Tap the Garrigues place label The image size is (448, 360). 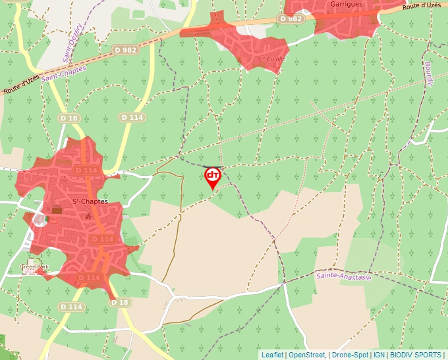tap(328, 4)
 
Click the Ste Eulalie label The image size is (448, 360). tap(269, 59)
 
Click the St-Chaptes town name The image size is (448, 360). tap(90, 201)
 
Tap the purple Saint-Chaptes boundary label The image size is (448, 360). tap(64, 73)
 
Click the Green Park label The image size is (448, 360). tap(34, 267)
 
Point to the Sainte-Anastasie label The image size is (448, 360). tap(343, 276)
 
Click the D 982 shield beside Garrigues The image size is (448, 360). tap(291, 19)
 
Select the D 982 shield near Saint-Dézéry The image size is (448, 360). tap(125, 49)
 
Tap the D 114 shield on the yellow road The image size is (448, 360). tap(132, 117)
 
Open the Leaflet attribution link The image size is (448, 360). tap(272, 355)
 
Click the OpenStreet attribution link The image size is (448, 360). tap(306, 355)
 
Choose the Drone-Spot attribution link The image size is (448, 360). tap(350, 355)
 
